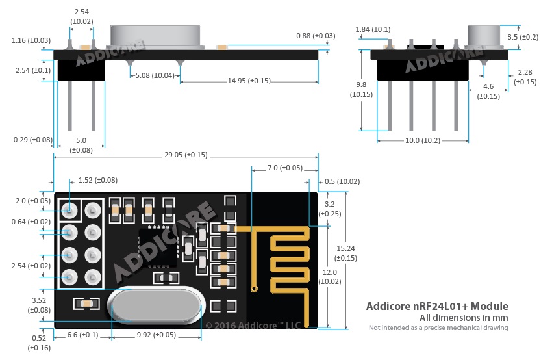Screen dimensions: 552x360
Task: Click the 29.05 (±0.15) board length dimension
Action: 186,155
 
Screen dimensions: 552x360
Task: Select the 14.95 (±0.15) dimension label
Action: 249,81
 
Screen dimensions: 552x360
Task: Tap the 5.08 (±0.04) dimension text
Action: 155,75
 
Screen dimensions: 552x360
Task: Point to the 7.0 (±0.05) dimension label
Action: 285,168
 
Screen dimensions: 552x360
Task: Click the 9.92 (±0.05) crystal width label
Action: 157,335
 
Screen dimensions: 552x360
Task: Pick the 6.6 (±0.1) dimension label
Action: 82,335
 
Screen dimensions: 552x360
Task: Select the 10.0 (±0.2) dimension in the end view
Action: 423,140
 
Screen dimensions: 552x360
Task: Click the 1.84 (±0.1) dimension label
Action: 373,29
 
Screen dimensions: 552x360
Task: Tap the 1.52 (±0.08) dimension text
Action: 98,180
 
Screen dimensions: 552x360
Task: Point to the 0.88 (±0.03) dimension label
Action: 316,36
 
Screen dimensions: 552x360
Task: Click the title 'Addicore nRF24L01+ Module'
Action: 437,306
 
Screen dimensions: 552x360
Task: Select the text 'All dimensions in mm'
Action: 464,318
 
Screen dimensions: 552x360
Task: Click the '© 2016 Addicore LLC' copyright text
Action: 253,326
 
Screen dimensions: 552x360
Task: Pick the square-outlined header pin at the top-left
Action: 69,211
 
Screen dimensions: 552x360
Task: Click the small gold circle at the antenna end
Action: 254,289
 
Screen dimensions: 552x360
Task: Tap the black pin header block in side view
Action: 81,70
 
